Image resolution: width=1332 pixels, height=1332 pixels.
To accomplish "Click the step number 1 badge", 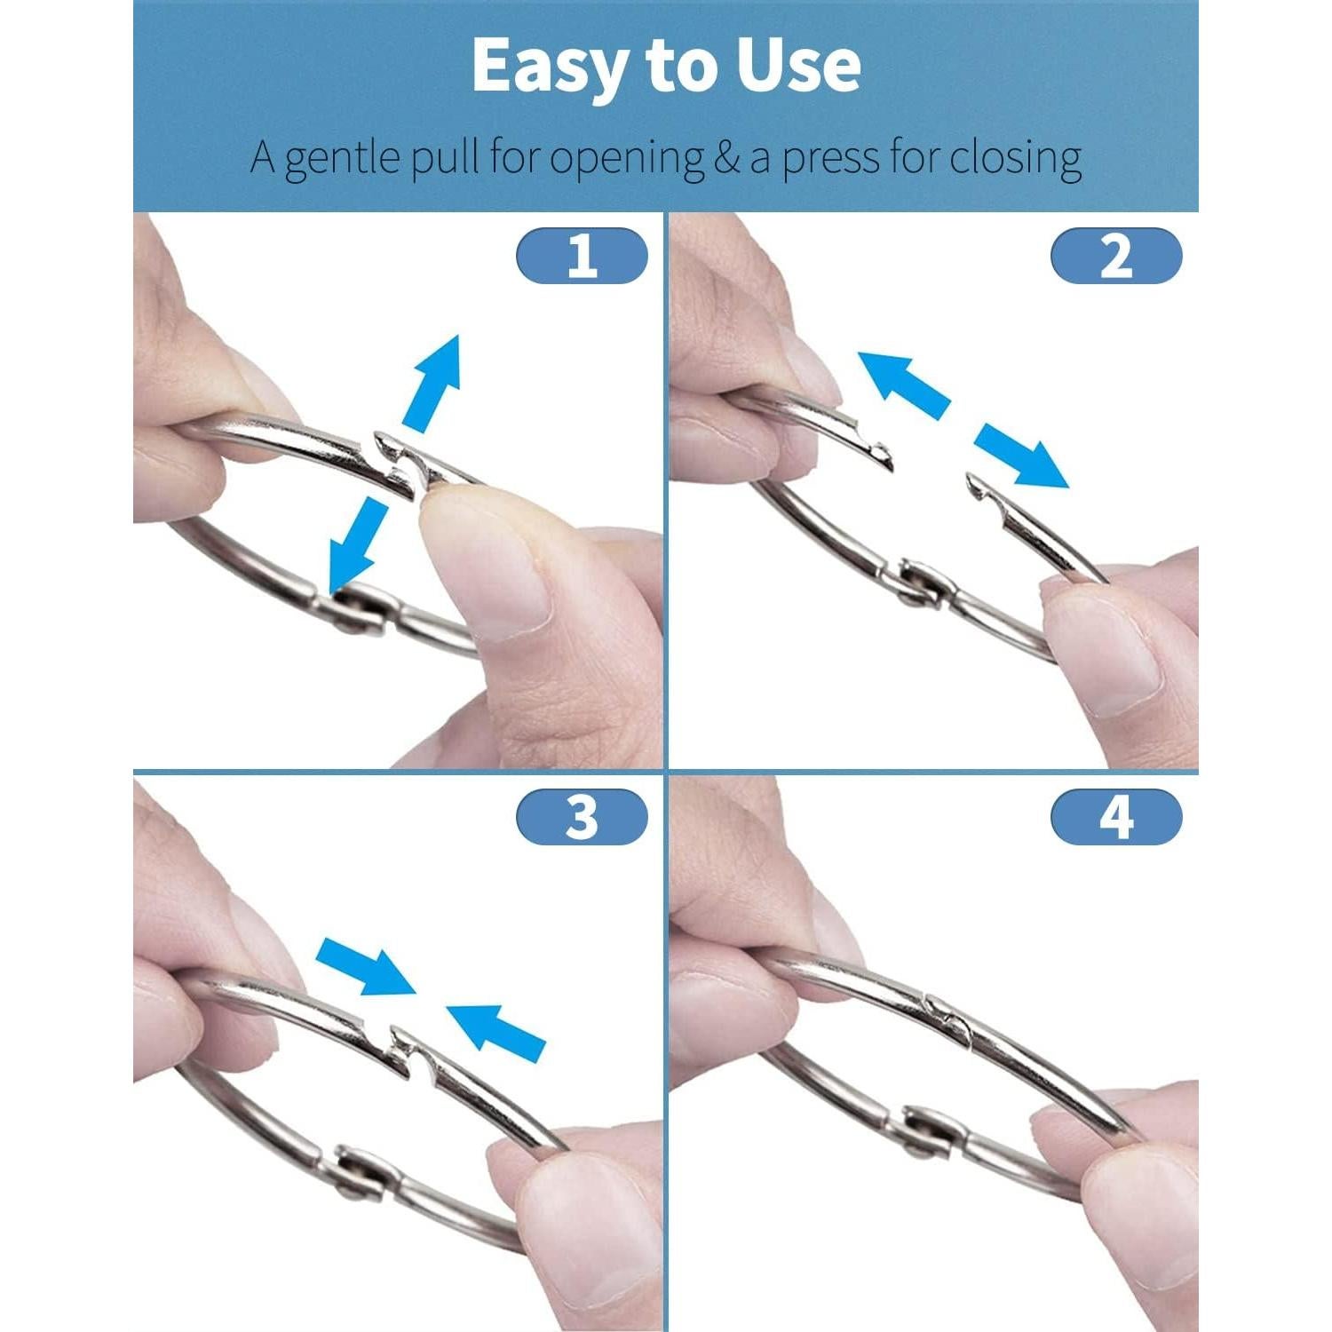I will pos(582,256).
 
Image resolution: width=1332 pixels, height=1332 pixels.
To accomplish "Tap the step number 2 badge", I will pos(1116,256).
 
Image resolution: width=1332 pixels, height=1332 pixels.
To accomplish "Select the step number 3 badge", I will pos(582,816).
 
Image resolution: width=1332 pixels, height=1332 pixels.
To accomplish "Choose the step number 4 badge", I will pos(1116,816).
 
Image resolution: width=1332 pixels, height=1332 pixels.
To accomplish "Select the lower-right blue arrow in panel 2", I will pos(1021,455).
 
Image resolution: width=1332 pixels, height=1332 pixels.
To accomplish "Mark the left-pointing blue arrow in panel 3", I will pos(496,1030).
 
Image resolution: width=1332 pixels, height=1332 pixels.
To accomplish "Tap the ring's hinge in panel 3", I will pos(359,1170).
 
